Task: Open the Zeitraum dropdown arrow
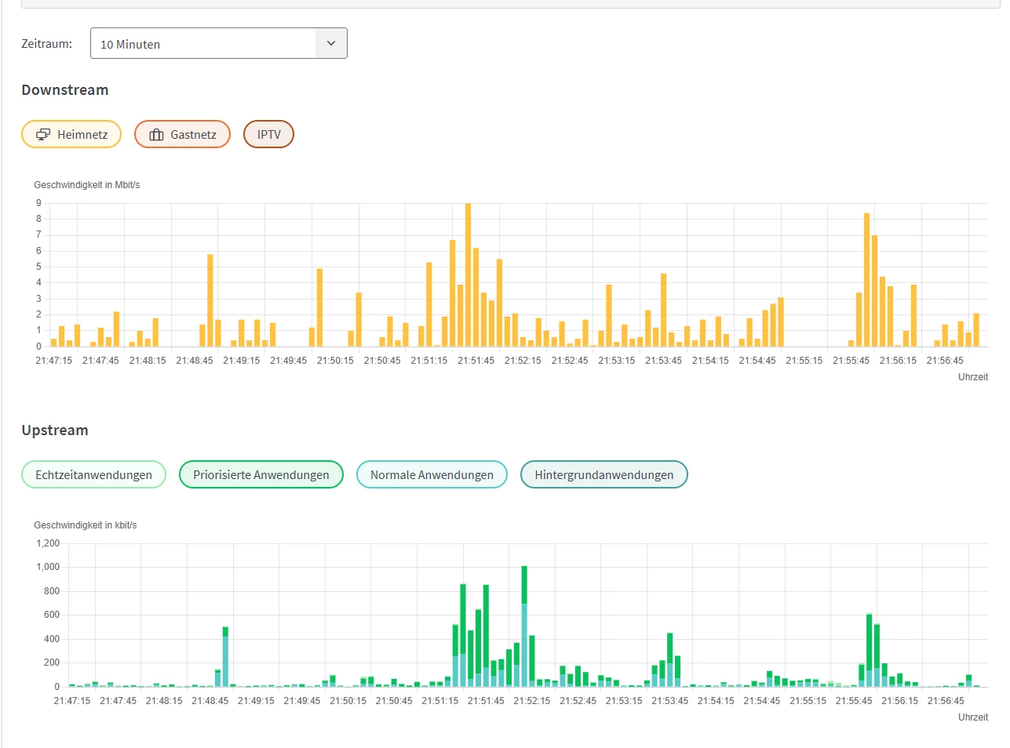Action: pos(331,43)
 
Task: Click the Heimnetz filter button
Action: pos(71,134)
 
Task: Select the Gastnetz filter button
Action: pos(182,134)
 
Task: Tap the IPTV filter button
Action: pos(268,134)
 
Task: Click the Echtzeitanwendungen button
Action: pos(94,474)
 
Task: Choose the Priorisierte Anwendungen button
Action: pos(261,474)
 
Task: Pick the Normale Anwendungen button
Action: pos(432,474)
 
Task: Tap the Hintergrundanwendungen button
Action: pos(603,474)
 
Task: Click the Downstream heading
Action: pos(65,89)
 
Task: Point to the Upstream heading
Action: pos(55,430)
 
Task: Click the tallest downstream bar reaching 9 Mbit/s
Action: pos(468,274)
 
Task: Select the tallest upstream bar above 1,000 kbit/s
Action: pos(524,626)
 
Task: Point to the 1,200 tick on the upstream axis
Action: pos(48,543)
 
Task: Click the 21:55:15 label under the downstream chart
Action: pos(804,361)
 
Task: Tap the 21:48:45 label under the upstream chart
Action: pos(210,701)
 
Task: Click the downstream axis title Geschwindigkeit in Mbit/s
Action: pos(87,185)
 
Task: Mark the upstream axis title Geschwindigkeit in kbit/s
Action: pos(86,525)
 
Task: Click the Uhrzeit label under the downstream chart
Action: pos(973,376)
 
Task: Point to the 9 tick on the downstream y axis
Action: pos(38,203)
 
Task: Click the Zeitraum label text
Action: pos(47,44)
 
